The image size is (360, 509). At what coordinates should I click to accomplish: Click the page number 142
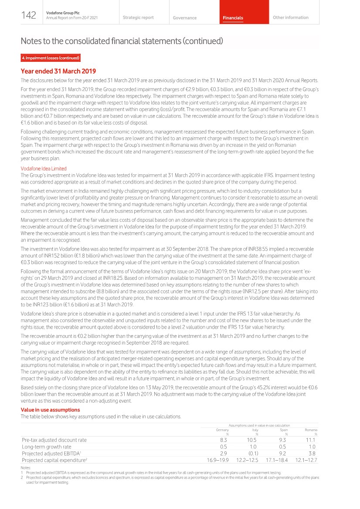point(29,16)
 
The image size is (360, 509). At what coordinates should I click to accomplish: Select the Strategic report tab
point(138,17)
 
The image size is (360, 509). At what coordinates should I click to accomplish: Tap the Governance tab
point(184,18)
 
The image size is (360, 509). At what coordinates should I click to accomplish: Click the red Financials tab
point(233,18)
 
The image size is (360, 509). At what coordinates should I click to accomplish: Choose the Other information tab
point(290,17)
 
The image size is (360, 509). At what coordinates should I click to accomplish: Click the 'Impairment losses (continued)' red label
point(51,58)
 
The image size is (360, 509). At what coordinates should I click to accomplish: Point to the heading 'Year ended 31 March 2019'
point(58,71)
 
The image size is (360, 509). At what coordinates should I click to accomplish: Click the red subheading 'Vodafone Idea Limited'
point(44,169)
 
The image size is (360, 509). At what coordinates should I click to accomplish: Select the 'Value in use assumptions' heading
point(50,410)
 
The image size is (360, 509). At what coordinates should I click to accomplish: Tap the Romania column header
point(311,430)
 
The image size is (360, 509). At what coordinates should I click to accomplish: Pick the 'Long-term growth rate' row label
point(47,447)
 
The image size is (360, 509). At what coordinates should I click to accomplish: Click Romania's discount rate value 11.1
point(311,440)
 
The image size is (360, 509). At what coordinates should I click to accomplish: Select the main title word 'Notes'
point(33,41)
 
